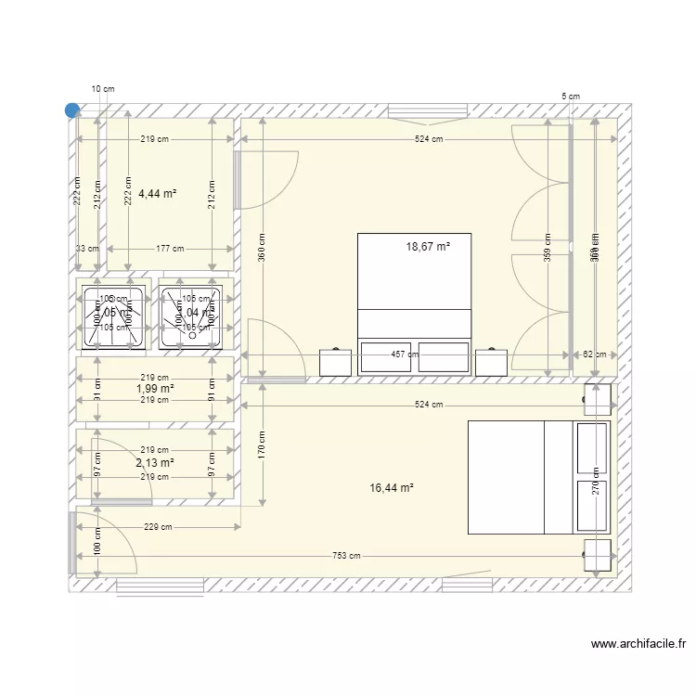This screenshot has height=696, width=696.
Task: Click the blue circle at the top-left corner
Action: tap(72, 110)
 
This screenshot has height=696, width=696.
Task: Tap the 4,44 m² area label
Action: tap(157, 194)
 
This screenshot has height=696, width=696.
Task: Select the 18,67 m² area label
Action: tap(427, 247)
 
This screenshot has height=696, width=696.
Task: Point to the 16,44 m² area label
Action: tap(391, 487)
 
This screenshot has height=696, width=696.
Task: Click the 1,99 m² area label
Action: tap(155, 389)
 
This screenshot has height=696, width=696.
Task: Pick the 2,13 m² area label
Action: tap(155, 462)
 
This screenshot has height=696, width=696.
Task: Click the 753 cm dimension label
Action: tap(345, 556)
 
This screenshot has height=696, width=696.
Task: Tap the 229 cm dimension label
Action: tap(158, 528)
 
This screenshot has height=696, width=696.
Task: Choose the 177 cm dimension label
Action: tap(170, 249)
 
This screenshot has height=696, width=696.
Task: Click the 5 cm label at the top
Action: tap(571, 97)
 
